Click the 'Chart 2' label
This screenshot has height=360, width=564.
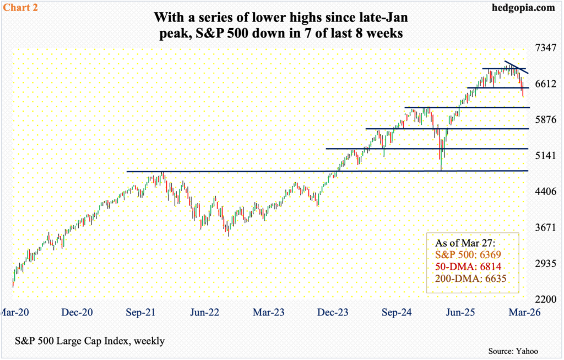point(20,7)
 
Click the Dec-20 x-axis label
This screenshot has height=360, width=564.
point(77,312)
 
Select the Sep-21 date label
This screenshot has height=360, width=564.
point(140,312)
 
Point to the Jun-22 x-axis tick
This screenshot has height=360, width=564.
point(204,312)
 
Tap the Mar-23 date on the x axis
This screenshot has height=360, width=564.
point(269,312)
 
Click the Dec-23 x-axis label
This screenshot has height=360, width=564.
point(333,312)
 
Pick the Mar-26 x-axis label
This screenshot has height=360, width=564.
point(524,312)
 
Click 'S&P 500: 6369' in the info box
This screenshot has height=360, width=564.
point(468,255)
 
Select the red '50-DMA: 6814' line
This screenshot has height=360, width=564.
point(468,266)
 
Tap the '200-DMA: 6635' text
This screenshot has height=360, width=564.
point(470,279)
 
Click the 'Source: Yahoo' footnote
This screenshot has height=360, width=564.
point(513,351)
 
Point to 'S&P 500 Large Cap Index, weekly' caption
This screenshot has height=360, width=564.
point(90,341)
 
